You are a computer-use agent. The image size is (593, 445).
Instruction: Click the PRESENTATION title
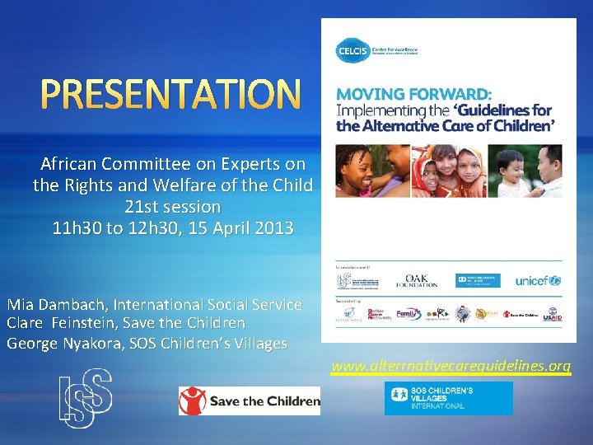pyautogui.click(x=171, y=95)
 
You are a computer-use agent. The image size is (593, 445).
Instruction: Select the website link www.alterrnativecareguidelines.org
pyautogui.click(x=451, y=366)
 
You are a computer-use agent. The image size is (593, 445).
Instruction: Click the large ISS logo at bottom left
pyautogui.click(x=85, y=398)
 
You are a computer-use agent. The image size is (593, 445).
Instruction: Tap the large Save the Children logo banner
pyautogui.click(x=250, y=400)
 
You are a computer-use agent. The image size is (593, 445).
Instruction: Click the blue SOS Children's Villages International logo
pyautogui.click(x=448, y=398)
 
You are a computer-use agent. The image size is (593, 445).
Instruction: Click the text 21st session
pyautogui.click(x=172, y=207)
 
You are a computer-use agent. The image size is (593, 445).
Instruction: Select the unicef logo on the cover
pyautogui.click(x=538, y=280)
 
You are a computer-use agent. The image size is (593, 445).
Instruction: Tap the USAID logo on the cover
pyautogui.click(x=552, y=315)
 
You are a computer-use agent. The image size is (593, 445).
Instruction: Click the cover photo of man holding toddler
pyautogui.click(x=526, y=171)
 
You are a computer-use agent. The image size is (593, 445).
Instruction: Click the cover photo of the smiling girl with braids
pyautogui.click(x=370, y=171)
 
